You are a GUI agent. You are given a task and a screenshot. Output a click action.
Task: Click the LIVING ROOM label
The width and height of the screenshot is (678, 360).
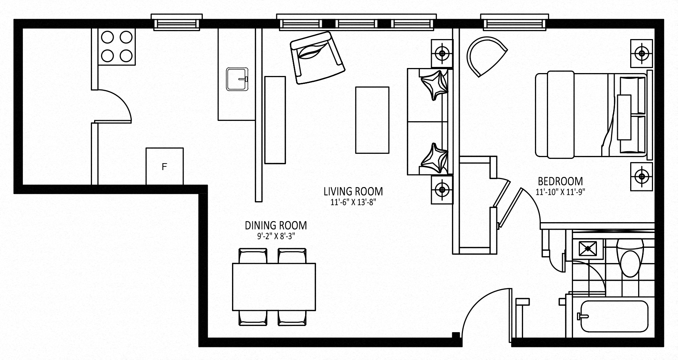click(x=353, y=191)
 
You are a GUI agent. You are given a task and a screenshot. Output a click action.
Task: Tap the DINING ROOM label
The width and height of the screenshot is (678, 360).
click(x=276, y=225)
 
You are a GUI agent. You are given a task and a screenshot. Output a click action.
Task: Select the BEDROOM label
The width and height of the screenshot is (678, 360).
click(x=560, y=181)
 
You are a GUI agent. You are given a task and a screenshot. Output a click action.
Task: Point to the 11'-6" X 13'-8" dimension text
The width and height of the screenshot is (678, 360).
click(x=353, y=202)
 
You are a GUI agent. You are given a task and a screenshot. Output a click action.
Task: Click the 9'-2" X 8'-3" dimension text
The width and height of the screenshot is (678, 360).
click(x=276, y=237)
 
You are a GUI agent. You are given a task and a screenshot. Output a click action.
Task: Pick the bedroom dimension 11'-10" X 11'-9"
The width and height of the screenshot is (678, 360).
click(x=560, y=192)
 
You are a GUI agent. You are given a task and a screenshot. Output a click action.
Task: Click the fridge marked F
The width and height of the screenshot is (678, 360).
click(x=164, y=166)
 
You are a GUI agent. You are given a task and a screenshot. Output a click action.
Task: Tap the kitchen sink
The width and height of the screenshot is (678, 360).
click(x=237, y=79)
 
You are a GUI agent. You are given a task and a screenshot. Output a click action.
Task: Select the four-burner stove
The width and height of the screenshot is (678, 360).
click(x=117, y=47)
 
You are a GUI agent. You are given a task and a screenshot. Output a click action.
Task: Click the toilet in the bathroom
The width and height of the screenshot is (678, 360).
click(x=630, y=258)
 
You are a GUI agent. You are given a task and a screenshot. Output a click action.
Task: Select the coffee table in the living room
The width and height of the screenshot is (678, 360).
click(x=372, y=120)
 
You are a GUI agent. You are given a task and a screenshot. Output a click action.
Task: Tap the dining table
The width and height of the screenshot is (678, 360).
click(x=274, y=287)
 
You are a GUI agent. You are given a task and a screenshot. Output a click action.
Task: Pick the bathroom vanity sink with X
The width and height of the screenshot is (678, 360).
click(x=588, y=249)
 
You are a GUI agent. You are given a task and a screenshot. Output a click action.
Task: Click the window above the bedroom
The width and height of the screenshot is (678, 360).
click(x=513, y=23)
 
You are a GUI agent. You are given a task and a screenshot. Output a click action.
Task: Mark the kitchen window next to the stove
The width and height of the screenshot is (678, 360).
click(x=177, y=23)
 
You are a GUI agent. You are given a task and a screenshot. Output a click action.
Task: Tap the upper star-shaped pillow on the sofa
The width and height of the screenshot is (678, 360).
click(x=434, y=85)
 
